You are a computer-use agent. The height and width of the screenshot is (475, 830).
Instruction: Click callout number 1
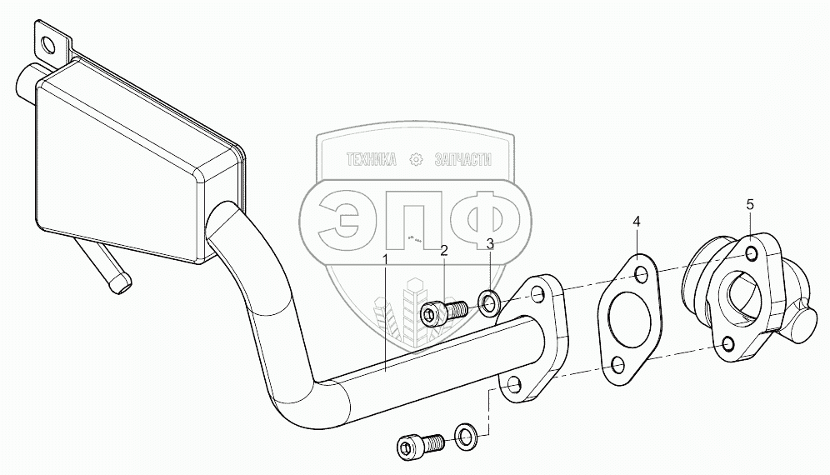click(x=385, y=259)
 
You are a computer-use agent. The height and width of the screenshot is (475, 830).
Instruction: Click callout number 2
click(x=444, y=250)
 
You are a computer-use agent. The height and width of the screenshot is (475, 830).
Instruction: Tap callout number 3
click(x=490, y=243)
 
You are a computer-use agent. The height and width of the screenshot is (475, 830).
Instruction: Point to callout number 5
click(x=750, y=204)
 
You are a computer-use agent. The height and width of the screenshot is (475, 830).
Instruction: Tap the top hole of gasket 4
click(x=642, y=275)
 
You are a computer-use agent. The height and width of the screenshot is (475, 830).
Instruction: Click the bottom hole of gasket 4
click(x=617, y=363)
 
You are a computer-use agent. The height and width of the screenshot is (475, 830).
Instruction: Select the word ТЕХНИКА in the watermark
click(x=370, y=161)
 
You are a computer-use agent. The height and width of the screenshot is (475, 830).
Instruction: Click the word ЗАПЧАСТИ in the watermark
click(x=463, y=161)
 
